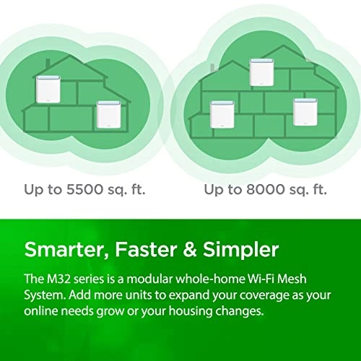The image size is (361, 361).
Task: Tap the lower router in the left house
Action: (106, 114)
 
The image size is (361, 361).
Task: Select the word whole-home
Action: (217, 280)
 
